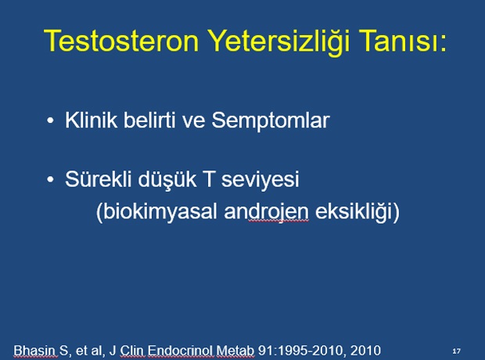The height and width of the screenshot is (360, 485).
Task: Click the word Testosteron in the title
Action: [121, 41]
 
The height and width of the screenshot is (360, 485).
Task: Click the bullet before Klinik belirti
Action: [50, 121]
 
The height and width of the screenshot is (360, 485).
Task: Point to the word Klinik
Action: [92, 120]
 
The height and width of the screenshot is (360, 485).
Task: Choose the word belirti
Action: [149, 120]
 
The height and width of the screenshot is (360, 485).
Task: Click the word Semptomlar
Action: [271, 121]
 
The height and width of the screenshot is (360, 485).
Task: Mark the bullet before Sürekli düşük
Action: [50, 179]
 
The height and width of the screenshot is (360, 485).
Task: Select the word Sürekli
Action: [99, 179]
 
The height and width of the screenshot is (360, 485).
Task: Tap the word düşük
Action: [167, 179]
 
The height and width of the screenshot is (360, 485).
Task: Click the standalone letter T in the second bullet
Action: [208, 179]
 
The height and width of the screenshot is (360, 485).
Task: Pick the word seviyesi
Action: [260, 180]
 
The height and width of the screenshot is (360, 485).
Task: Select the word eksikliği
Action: [354, 212]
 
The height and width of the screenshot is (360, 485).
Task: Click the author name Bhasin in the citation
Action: [34, 351]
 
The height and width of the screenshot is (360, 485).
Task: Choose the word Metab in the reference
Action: [235, 351]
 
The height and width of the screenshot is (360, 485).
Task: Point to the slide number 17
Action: [456, 351]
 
